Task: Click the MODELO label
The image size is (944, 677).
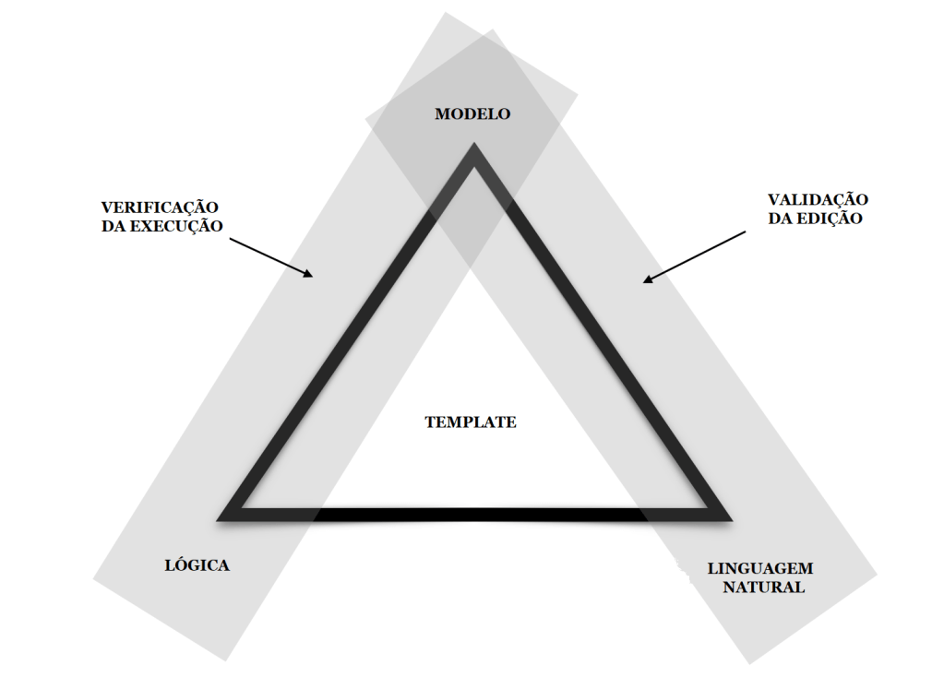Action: click(x=472, y=114)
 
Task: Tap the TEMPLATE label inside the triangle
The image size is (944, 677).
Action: click(x=471, y=422)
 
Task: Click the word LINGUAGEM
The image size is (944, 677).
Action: click(x=760, y=569)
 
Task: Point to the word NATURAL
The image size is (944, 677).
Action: click(x=762, y=588)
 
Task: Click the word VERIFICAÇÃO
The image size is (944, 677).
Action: click(x=161, y=207)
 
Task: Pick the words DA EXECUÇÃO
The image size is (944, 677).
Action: click(x=161, y=225)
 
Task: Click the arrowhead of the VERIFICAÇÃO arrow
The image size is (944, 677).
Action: click(x=309, y=274)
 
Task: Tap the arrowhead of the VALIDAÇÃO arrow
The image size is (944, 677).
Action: click(x=649, y=279)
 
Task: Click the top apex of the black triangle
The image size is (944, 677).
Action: click(x=473, y=149)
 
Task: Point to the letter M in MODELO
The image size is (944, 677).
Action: click(x=442, y=114)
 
